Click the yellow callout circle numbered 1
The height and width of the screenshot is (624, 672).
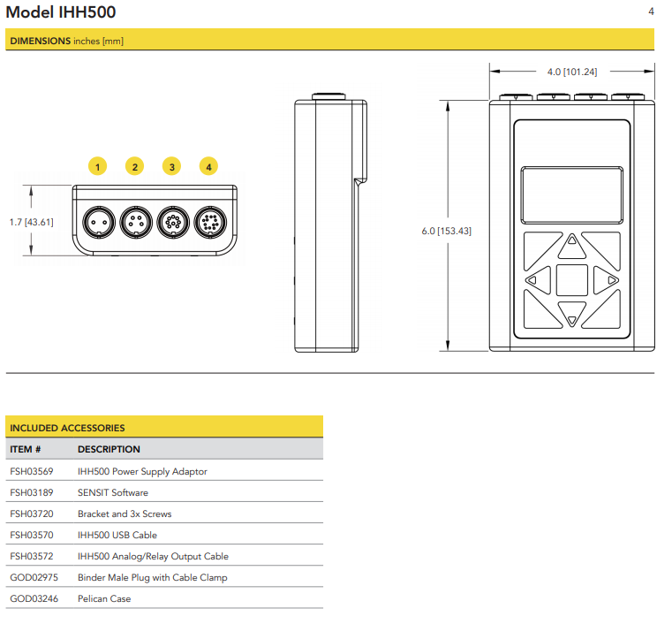point(97,166)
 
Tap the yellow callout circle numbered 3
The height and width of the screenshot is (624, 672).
point(171,166)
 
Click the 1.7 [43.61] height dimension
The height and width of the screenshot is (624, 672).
point(32,222)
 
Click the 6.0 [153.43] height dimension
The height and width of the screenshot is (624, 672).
point(446,231)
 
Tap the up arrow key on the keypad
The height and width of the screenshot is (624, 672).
point(572,240)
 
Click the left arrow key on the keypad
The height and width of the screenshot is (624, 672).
point(532,281)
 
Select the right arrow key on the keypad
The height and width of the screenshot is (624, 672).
point(612,281)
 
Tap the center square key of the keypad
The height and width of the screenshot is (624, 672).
point(572,280)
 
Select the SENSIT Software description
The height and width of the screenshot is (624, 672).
point(113,493)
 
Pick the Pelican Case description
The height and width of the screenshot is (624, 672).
point(105,599)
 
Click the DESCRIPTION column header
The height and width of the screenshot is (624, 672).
point(109,450)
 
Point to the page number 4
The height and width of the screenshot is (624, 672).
point(651,11)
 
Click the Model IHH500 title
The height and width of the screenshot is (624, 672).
point(61,12)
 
